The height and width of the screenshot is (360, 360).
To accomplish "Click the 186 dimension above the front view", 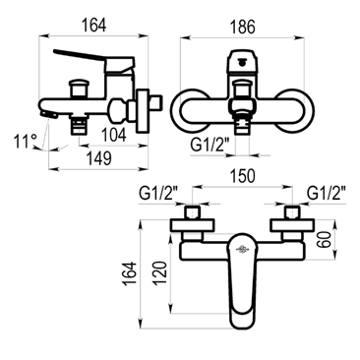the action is pyautogui.click(x=242, y=27).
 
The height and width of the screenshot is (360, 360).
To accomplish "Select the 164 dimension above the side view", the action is pyautogui.click(x=93, y=26).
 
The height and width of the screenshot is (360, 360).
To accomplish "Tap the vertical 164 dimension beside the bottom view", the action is pyautogui.click(x=130, y=273).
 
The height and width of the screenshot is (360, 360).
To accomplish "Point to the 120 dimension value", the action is pyautogui.click(x=159, y=272).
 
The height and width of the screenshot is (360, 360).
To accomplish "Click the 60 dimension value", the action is pyautogui.click(x=324, y=239).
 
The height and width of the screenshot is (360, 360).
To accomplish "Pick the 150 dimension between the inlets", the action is pyautogui.click(x=242, y=176).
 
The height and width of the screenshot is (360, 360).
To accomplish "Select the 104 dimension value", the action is pyautogui.click(x=114, y=135).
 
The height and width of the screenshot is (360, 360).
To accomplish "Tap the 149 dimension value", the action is pyautogui.click(x=99, y=158).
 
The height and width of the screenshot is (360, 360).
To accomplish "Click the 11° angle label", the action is pyautogui.click(x=25, y=142).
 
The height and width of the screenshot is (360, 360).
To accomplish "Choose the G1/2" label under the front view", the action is pyautogui.click(x=208, y=146).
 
